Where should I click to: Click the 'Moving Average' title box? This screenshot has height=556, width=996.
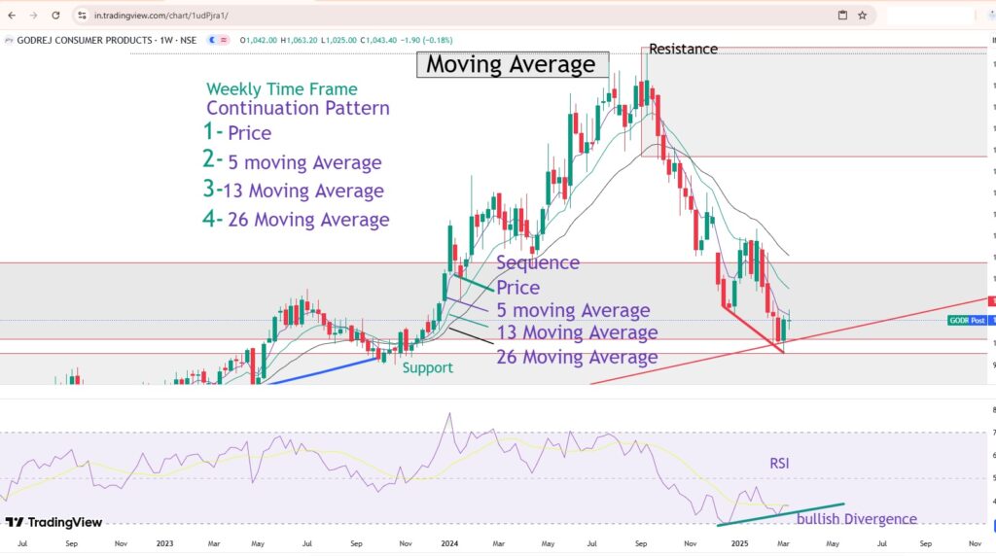click(x=512, y=65)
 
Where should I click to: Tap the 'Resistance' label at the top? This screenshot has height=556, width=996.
click(x=683, y=49)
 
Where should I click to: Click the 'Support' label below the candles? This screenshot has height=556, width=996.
click(x=428, y=368)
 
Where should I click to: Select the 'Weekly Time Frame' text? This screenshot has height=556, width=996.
click(x=281, y=89)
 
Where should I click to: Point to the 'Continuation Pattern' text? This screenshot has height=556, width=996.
click(x=298, y=108)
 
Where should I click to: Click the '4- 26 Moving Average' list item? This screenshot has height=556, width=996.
click(x=296, y=220)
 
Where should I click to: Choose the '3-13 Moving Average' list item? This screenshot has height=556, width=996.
click(x=293, y=191)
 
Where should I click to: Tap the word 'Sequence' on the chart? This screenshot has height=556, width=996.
click(x=537, y=262)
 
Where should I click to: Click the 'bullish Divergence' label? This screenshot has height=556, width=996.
click(x=856, y=519)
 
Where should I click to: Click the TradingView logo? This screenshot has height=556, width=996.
click(x=53, y=522)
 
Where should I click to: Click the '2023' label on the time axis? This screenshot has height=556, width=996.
click(x=163, y=543)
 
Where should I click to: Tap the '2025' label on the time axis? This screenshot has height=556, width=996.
click(x=738, y=543)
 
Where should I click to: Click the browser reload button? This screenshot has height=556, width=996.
click(x=55, y=16)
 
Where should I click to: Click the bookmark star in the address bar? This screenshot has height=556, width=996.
click(x=862, y=16)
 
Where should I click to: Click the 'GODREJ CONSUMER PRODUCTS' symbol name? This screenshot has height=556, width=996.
click(x=85, y=39)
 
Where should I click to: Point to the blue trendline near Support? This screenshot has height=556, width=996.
click(x=321, y=370)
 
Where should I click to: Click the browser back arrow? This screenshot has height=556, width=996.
click(x=11, y=16)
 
